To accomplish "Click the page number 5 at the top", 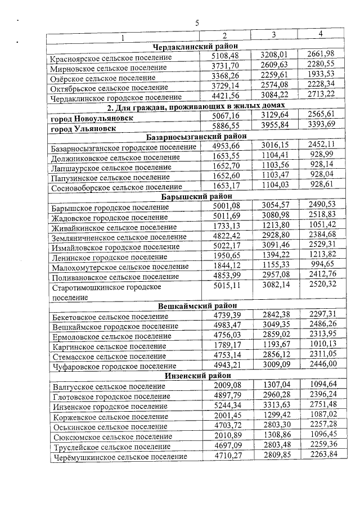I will pos(197,23).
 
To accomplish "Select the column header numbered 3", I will pos(273,35).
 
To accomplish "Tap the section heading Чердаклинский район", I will pos(196,47).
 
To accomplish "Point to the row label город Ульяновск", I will pos(84,128).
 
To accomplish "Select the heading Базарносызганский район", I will pos(196,137).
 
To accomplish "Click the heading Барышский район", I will pos(196,196).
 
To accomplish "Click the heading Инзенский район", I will pos(196,376).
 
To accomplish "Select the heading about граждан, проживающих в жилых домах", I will pos(196,105).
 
